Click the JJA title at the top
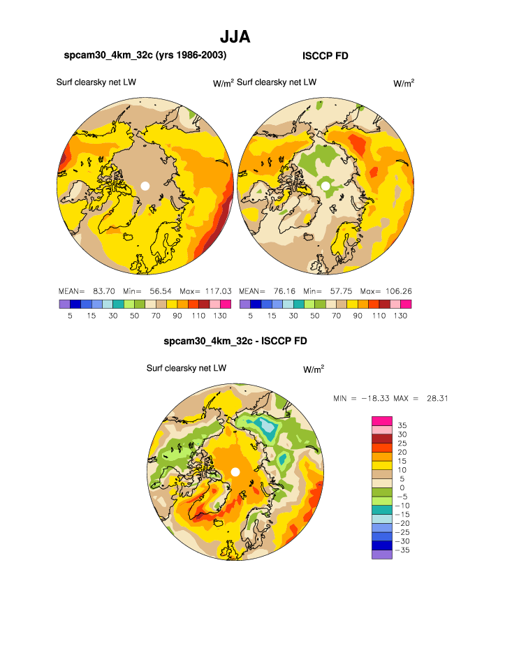[x=235, y=36]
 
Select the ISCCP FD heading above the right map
[x=325, y=55]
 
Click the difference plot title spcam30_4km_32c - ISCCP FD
[x=235, y=342]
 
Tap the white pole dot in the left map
[x=145, y=186]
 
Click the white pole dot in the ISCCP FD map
[x=325, y=186]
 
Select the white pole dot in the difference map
[x=235, y=472]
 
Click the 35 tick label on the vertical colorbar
[x=402, y=425]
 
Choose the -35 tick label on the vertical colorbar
[x=402, y=550]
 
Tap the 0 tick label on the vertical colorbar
[x=402, y=487]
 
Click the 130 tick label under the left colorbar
[x=219, y=316]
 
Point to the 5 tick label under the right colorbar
[x=250, y=316]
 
